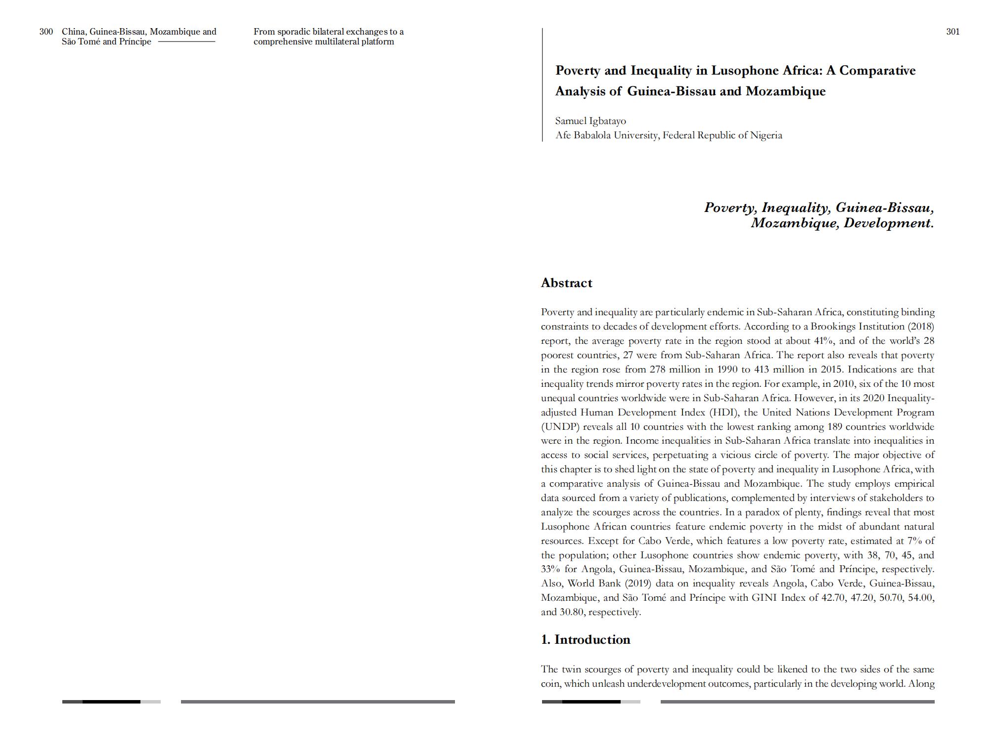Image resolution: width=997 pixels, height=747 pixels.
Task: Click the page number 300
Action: [x=46, y=32]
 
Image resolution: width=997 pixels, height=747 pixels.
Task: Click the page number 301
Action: [x=952, y=32]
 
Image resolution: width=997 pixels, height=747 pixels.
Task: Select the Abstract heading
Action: [x=566, y=283]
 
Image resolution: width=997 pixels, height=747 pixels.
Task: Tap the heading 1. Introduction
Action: [x=586, y=640]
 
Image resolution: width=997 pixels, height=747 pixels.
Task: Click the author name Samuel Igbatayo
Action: [x=590, y=121]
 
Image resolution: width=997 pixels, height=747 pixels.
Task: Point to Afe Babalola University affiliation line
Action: [x=669, y=135]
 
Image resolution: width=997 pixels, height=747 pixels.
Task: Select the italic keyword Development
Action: [x=888, y=223]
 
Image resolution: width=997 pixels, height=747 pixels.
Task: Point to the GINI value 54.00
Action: [x=921, y=598]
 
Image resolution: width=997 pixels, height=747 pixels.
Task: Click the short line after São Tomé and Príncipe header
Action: [x=186, y=42]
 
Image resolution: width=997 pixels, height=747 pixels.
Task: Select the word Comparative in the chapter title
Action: [x=877, y=71]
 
